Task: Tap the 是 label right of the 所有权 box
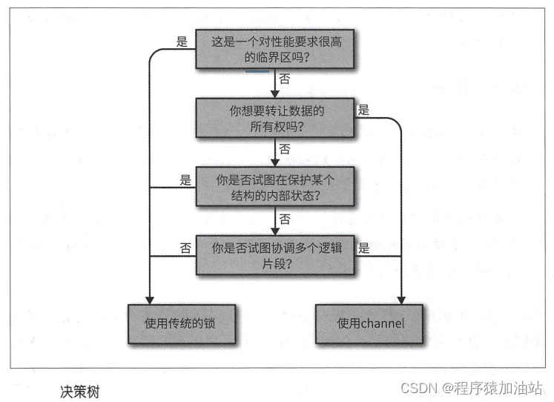tap(363, 110)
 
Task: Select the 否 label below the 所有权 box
tap(285, 148)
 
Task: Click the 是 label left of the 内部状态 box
tap(185, 179)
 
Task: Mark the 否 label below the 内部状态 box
tap(285, 217)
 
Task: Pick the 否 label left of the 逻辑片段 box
tap(185, 247)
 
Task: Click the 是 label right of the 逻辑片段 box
tap(363, 248)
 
